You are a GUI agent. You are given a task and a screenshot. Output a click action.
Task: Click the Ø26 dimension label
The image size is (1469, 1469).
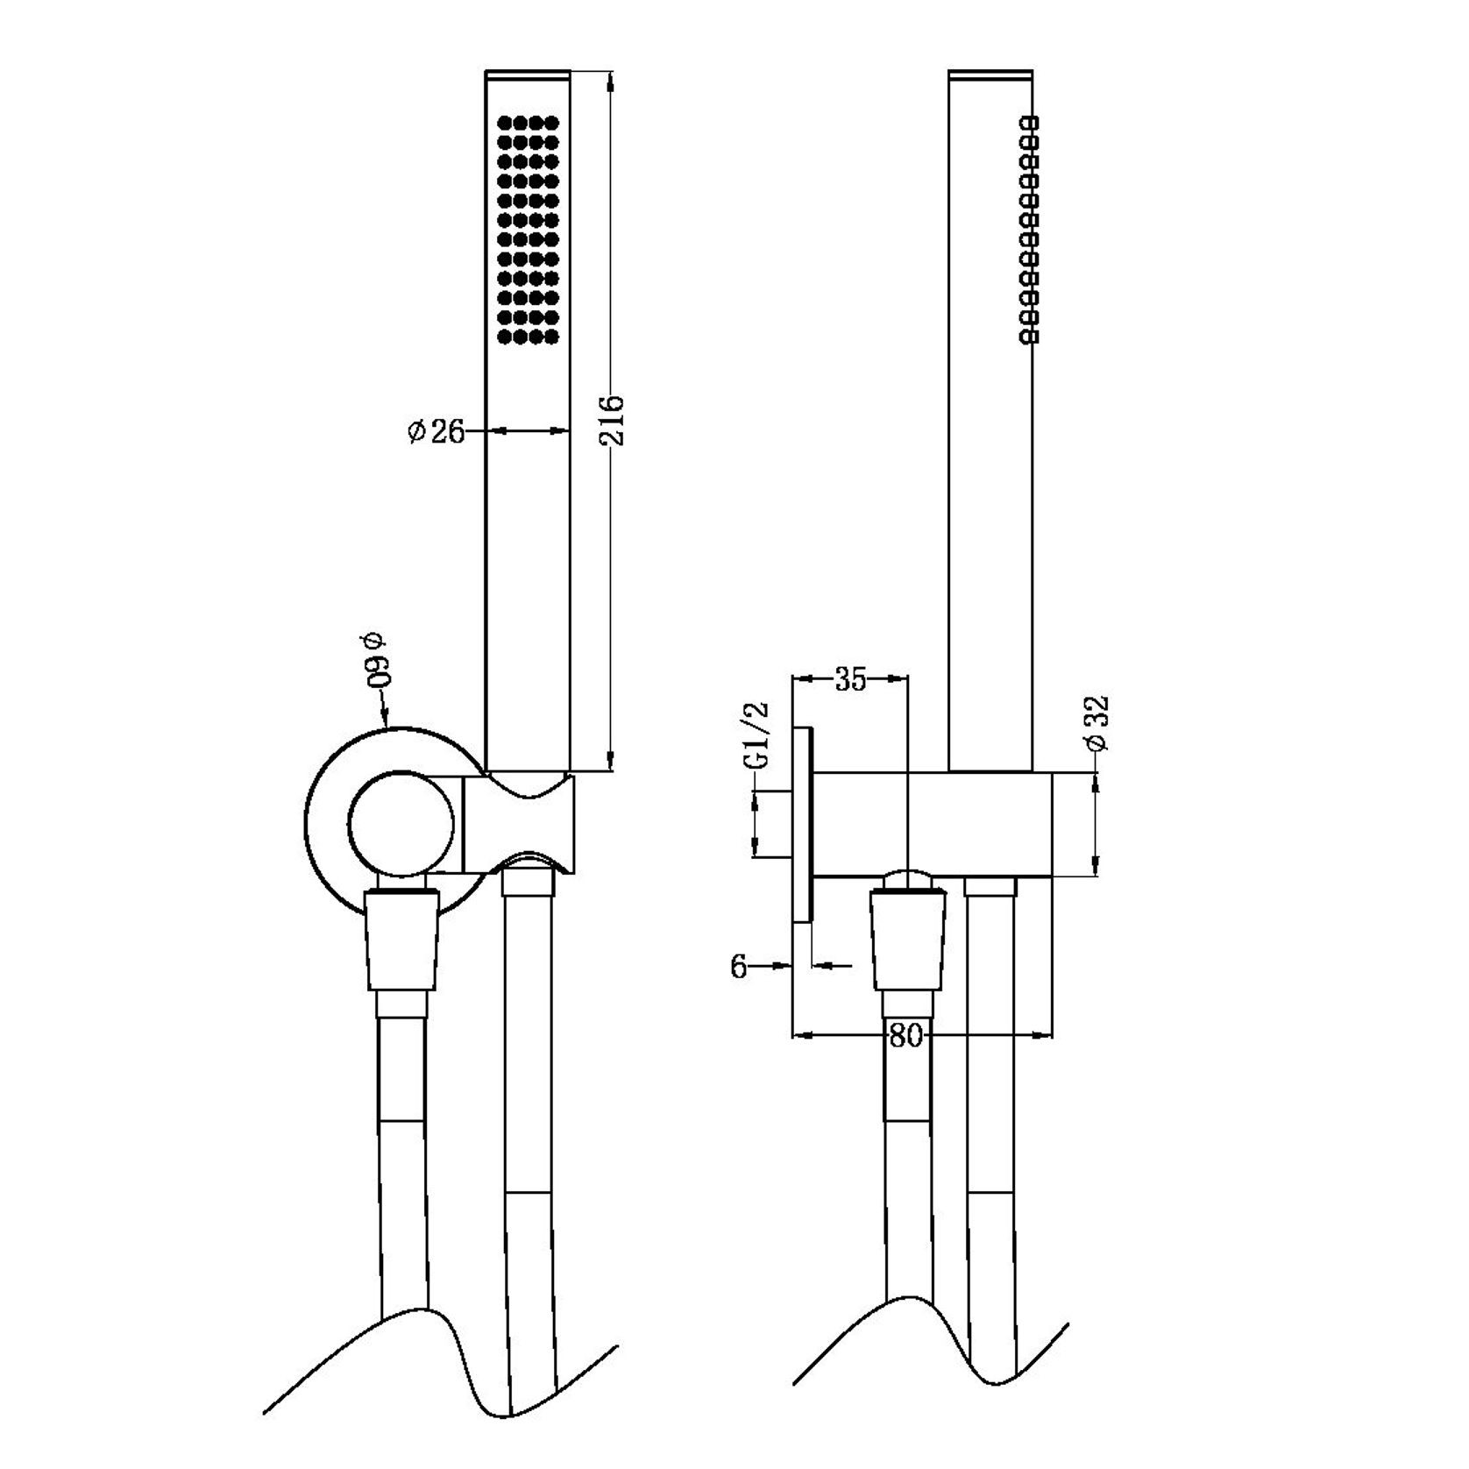tap(436, 431)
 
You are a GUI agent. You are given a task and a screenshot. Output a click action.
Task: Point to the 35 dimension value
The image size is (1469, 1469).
tap(849, 679)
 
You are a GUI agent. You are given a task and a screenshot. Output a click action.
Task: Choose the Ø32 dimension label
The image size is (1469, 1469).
tap(1096, 723)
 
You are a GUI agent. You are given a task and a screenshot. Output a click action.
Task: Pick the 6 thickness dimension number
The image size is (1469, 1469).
tap(739, 967)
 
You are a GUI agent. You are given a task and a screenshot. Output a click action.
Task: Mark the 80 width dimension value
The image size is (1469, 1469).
tap(906, 1036)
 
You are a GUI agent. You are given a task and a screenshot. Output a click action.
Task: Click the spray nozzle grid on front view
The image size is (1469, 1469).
tap(528, 229)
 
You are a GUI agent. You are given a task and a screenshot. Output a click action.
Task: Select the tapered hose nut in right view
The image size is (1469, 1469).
tap(908, 939)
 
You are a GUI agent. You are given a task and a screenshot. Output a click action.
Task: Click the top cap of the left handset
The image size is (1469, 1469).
tap(529, 75)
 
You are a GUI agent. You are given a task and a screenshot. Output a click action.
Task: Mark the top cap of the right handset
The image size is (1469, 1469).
tap(990, 75)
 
